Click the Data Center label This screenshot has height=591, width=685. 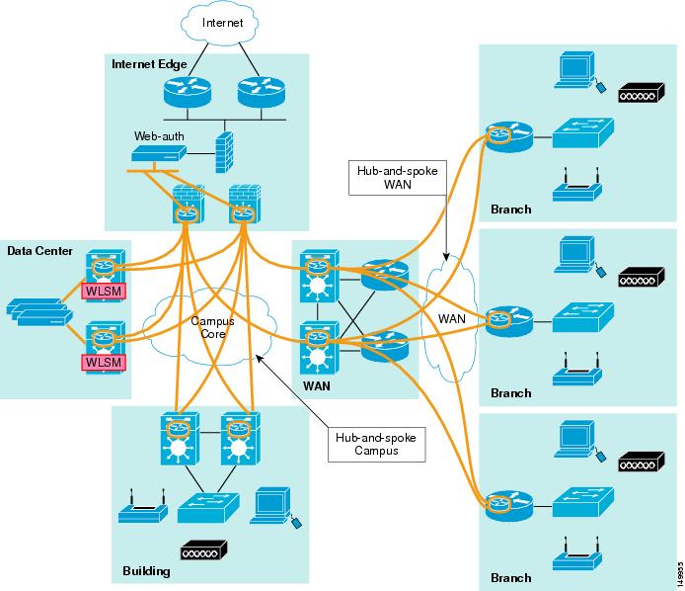coord(39,251)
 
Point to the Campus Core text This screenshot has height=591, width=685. coord(210,328)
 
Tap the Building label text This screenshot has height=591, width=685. coord(146,571)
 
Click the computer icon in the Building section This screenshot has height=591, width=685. coord(270,505)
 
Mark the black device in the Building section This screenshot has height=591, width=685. coord(204,549)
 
